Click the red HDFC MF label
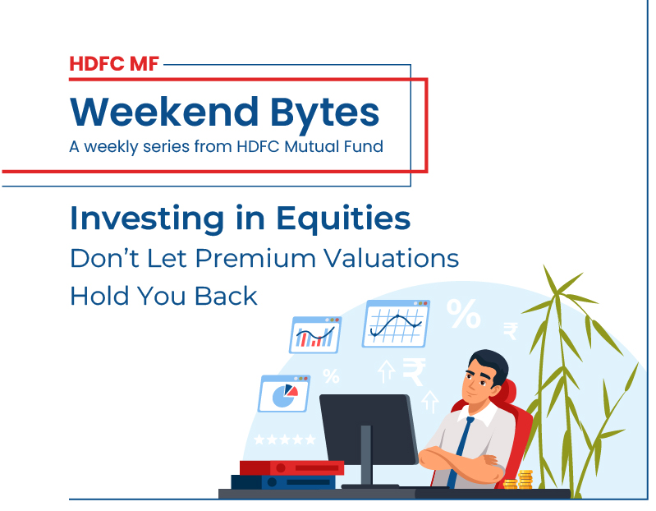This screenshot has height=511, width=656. coord(115,62)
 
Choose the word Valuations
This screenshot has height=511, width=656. coord(392,257)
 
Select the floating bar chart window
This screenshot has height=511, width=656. coord(315,334)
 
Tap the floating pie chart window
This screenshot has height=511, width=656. coord(284,394)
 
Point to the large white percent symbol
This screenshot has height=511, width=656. coord(464,313)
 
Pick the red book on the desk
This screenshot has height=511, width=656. coord(291,467)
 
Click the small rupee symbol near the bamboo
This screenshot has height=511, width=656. coord(511,330)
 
